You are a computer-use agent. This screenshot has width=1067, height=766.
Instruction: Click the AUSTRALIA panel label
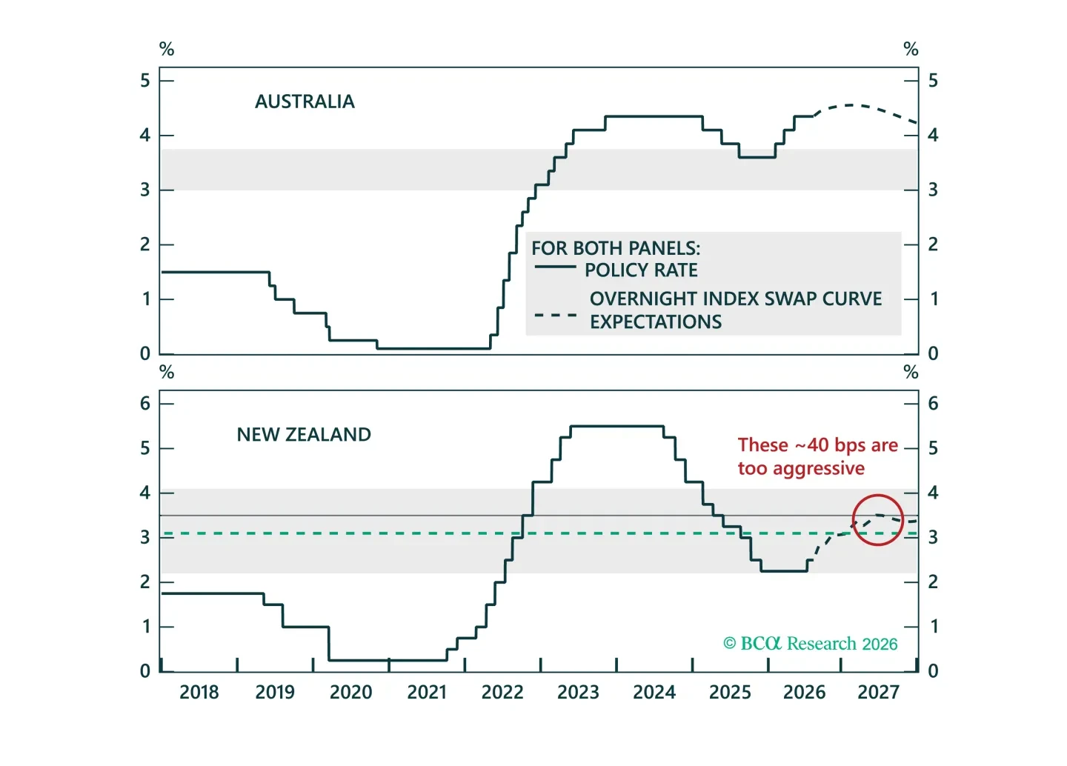coord(305,101)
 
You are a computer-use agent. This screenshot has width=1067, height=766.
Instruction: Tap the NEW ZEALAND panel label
coord(304,434)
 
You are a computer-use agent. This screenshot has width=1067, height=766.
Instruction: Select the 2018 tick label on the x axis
coord(199,692)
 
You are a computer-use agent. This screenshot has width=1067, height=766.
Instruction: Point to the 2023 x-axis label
coord(578,692)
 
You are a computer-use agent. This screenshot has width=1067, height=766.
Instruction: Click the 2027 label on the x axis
coord(879,692)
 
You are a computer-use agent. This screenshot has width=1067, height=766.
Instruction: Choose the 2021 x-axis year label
coord(427,692)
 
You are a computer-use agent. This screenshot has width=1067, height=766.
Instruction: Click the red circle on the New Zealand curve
coord(878,495)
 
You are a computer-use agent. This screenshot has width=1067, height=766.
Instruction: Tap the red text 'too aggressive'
coord(801,469)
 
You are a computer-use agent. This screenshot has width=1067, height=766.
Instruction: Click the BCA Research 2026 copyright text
coord(811,644)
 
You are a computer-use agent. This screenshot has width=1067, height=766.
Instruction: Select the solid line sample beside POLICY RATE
coord(556,267)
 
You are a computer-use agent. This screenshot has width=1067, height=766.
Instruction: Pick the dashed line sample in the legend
coord(556,315)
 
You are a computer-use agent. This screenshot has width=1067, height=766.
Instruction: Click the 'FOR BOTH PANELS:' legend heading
coord(616,248)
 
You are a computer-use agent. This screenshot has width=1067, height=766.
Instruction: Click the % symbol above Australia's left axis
coord(167,49)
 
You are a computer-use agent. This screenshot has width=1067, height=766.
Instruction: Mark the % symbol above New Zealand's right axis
coord(911,372)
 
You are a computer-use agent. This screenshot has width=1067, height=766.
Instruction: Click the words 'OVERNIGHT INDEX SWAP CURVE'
coord(736,299)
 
